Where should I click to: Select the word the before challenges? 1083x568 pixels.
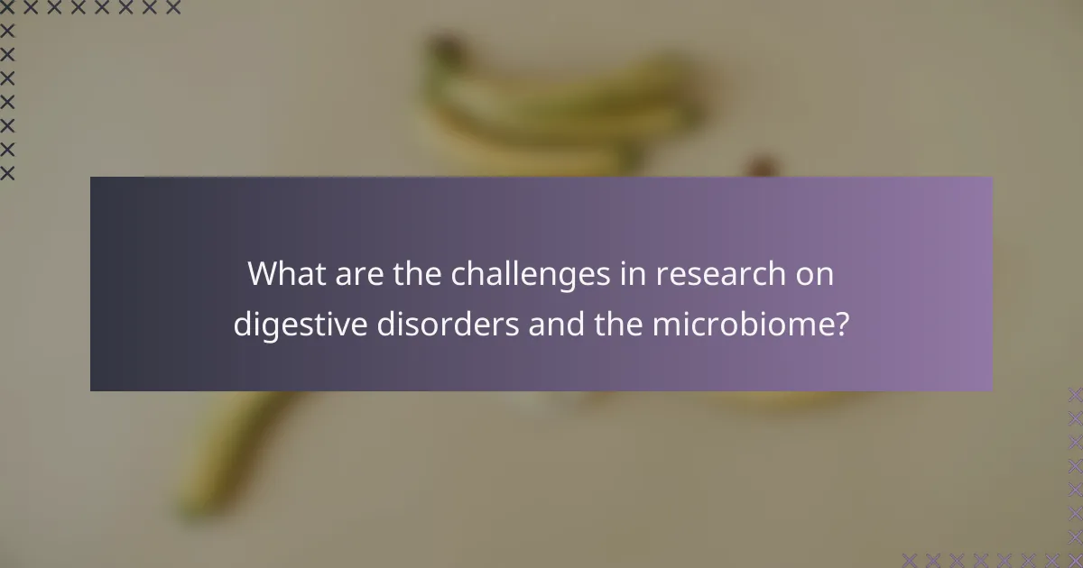click(x=416, y=273)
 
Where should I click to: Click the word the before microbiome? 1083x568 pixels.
click(x=620, y=324)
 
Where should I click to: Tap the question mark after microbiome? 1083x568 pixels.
click(x=841, y=324)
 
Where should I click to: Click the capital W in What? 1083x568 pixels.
click(x=264, y=273)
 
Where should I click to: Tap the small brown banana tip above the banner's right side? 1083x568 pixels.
click(x=764, y=167)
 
